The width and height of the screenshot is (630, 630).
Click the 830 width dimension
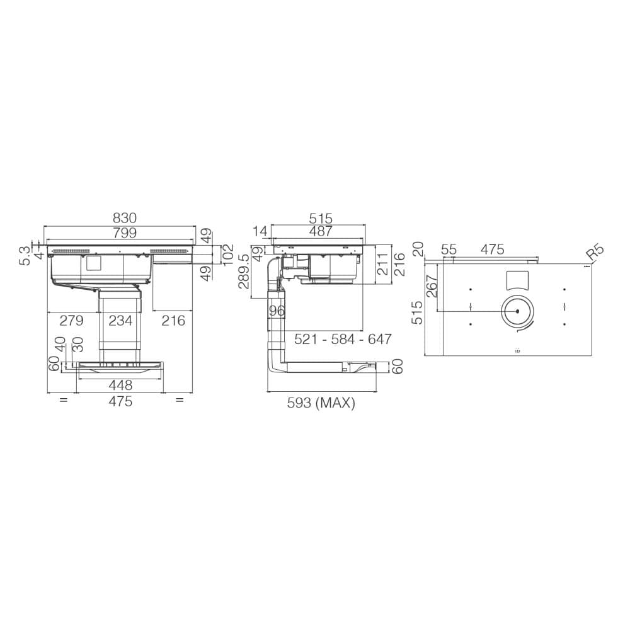coord(125,218)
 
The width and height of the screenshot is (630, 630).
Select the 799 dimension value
coord(125,233)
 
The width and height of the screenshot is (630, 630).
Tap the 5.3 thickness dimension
coord(25,256)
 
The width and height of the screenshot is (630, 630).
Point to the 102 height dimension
coord(228,255)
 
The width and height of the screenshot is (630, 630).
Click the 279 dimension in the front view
coord(72,321)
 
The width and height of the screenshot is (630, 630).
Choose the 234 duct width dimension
coord(120,321)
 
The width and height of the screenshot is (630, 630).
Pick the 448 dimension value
coord(120,386)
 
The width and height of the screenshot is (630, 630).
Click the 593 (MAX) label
coord(321,403)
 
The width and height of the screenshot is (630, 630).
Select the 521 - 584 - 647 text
coord(343,340)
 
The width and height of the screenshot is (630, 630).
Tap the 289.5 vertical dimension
coord(244,272)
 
